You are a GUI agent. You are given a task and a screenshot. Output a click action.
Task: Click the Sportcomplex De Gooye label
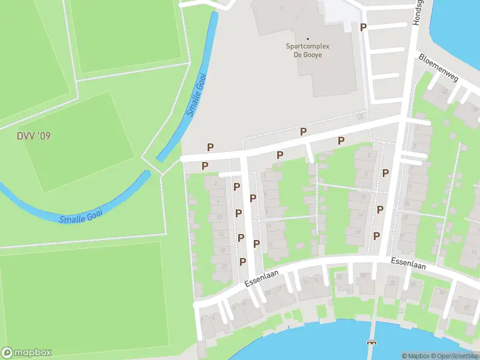pyautogui.click(x=307, y=50)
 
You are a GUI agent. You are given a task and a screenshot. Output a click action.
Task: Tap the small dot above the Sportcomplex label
pyautogui.click(x=307, y=39)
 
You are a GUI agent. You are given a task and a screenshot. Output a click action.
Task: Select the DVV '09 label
pyautogui.click(x=34, y=136)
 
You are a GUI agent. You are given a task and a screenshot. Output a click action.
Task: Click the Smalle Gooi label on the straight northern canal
pyautogui.click(x=196, y=94)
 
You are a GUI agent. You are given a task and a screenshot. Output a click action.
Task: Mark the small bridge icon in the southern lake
pyautogui.click(x=372, y=343)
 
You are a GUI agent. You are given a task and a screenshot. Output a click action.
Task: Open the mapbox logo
pyautogui.click(x=26, y=353)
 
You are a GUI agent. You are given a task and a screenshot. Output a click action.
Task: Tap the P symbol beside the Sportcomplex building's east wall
pyautogui.click(x=362, y=27)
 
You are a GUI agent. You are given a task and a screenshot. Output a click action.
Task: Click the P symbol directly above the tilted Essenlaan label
pyautogui.click(x=243, y=262)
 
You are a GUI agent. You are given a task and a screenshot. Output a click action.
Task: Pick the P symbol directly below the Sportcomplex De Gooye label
pyautogui.click(x=304, y=131)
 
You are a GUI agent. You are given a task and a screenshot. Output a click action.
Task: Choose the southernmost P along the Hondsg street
pyautogui.click(x=377, y=236)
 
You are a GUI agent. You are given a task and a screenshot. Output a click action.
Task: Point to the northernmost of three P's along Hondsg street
pyautogui.click(x=385, y=173)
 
